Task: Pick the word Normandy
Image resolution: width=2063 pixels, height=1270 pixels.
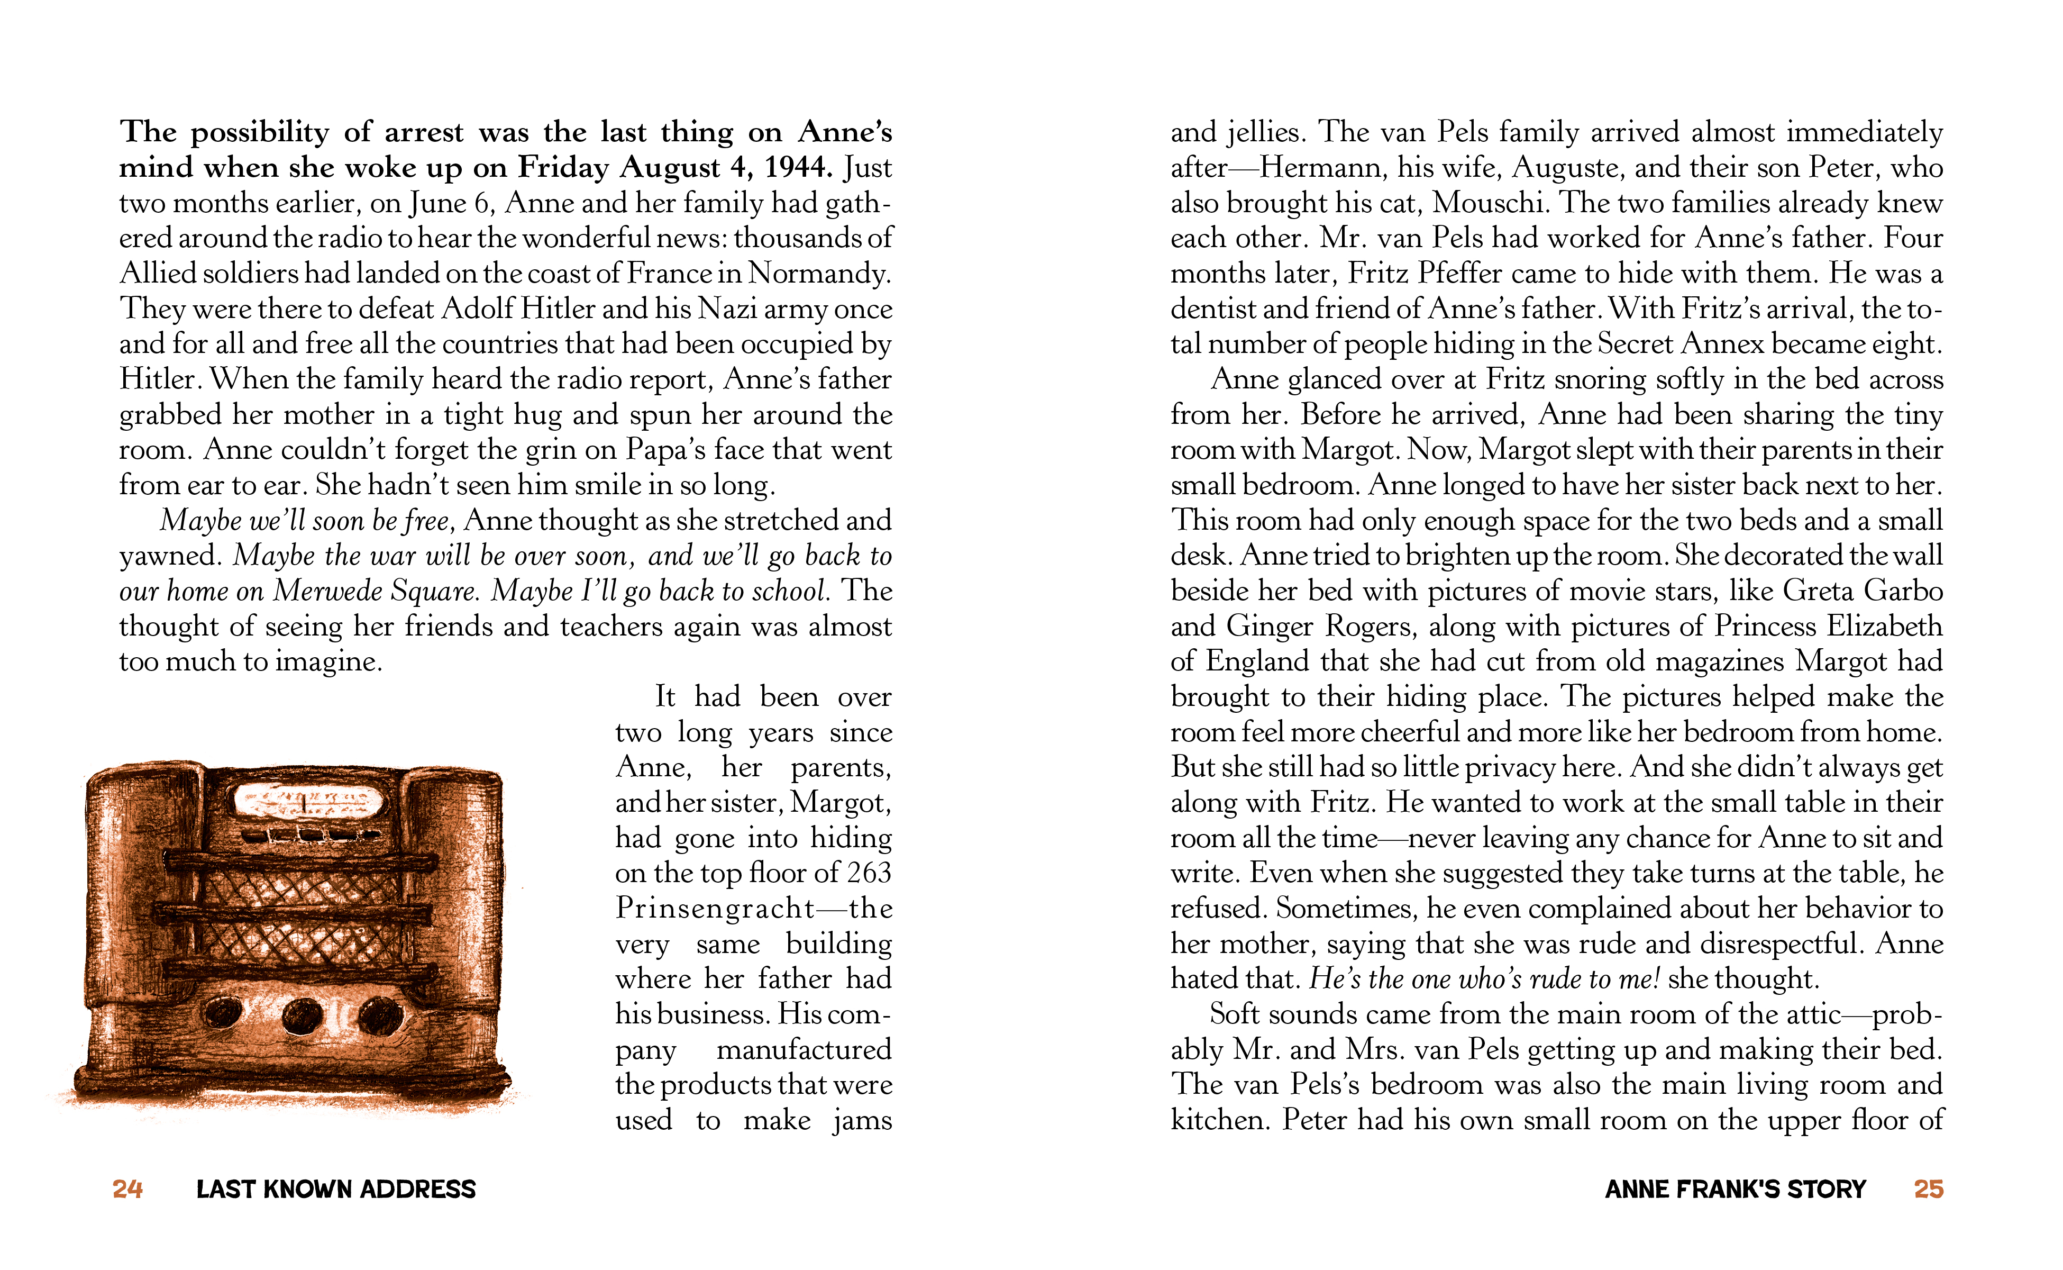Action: click(819, 274)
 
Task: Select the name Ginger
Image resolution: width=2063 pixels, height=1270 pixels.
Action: click(1271, 627)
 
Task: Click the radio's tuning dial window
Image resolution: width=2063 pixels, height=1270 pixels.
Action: click(308, 801)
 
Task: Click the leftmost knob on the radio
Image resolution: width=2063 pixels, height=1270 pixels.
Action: click(222, 1012)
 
